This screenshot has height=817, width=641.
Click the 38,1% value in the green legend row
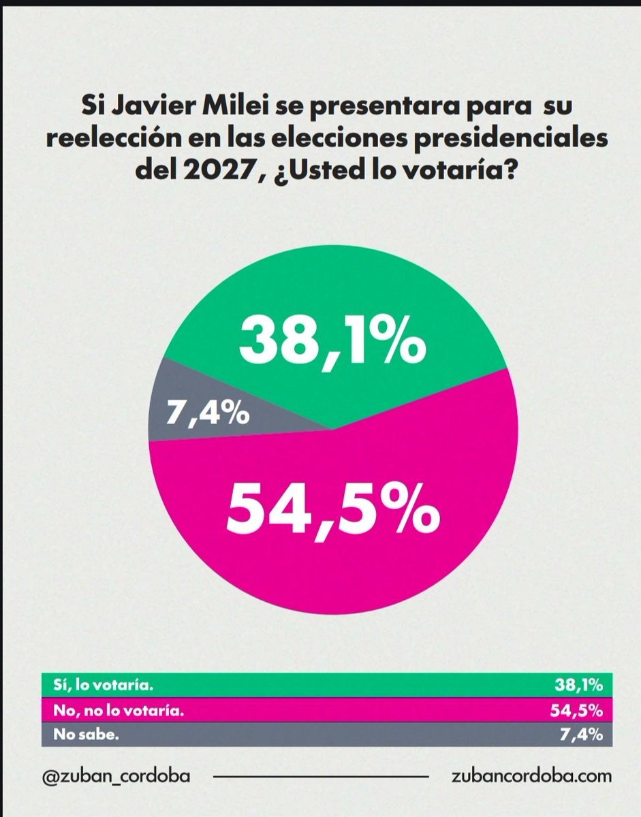579,685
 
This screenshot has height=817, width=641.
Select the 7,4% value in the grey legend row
584,735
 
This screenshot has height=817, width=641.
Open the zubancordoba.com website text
531,775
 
